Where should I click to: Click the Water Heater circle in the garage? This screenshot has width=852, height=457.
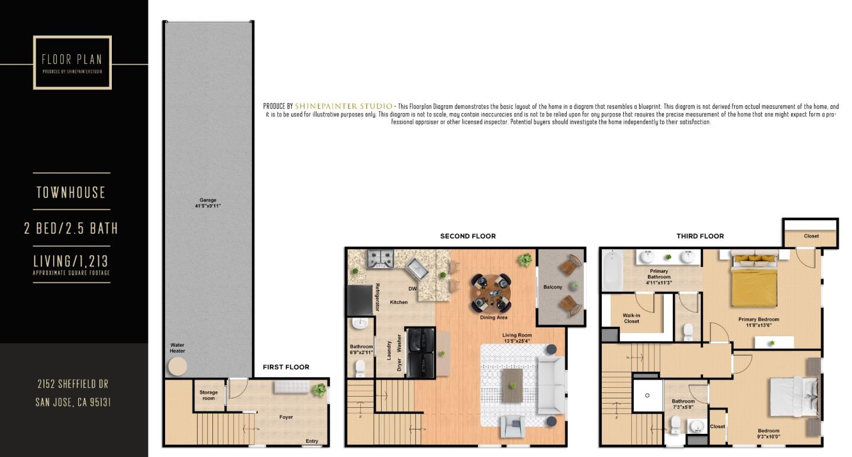[177, 367]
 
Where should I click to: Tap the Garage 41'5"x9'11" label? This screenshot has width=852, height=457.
[208, 203]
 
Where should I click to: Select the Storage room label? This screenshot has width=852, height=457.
[208, 395]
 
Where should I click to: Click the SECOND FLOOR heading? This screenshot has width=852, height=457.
[467, 236]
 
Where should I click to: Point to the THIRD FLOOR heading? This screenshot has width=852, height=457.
[700, 236]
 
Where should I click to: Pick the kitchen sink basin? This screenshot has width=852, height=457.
[419, 269]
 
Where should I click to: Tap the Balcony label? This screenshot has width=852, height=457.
[553, 287]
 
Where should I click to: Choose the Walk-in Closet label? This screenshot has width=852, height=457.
[631, 318]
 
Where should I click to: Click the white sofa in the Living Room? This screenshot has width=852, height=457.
[550, 385]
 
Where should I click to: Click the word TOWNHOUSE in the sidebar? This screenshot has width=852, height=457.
[71, 192]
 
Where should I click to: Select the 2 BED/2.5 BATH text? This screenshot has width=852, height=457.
[71, 228]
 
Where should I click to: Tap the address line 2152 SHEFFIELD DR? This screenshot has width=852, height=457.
[73, 384]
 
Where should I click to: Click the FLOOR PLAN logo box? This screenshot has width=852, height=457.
[72, 62]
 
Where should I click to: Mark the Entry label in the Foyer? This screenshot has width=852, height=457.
[312, 441]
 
